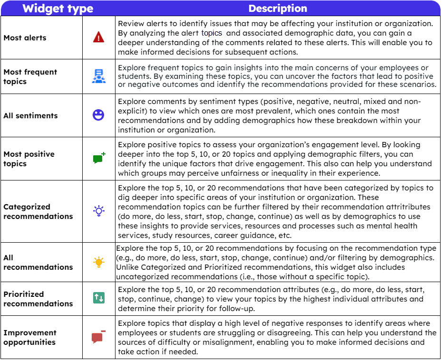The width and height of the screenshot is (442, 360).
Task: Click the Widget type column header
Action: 58,9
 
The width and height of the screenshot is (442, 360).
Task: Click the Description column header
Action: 278,9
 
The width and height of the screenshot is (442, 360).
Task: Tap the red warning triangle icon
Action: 98,38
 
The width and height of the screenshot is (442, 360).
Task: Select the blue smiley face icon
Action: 98,115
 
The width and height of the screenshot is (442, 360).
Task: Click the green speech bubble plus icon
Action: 99,159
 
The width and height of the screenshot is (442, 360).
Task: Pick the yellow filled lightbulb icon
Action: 98,262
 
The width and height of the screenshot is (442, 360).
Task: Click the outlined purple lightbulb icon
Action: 98,211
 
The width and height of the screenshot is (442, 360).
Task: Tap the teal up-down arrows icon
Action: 98,298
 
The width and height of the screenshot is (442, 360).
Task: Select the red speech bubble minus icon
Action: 98,337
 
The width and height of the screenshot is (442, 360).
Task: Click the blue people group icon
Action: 98,76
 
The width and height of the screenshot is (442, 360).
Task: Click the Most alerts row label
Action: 25,38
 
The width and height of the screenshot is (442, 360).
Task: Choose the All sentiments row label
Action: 30,115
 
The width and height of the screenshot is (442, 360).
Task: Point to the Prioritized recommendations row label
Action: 38,299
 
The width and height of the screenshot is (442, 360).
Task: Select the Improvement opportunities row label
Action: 30,337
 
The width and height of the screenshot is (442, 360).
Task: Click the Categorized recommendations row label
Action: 38,211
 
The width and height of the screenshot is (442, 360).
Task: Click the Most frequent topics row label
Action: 30,76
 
